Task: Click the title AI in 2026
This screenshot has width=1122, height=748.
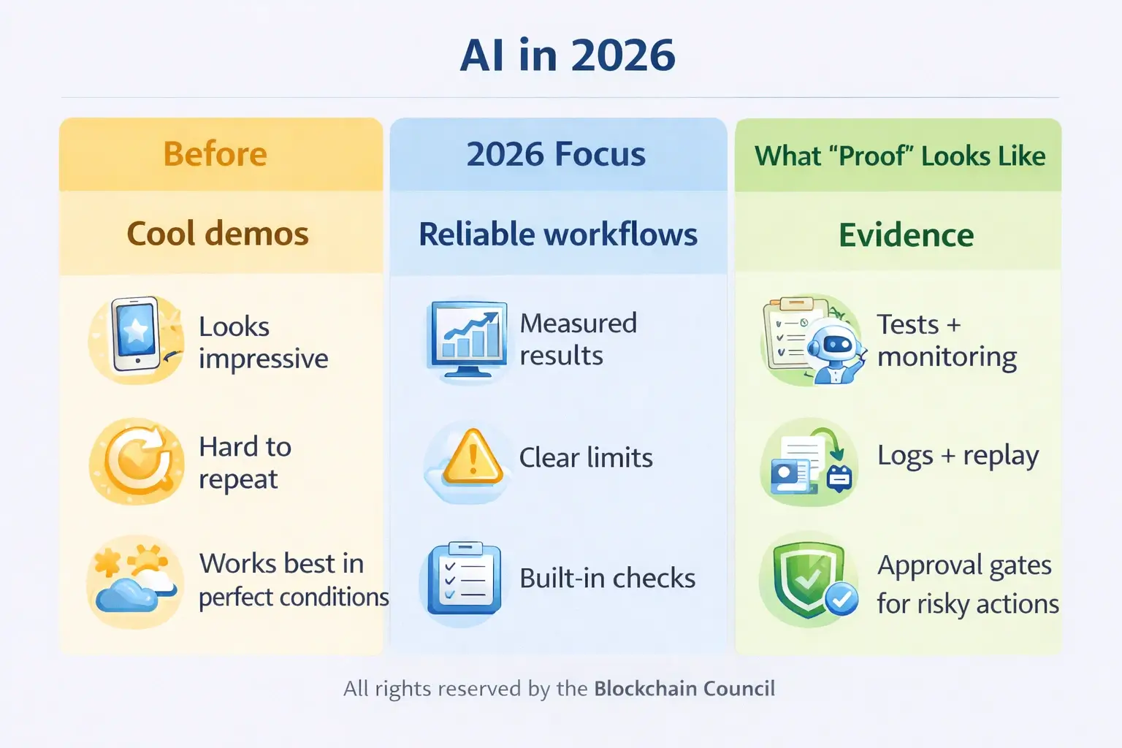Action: pyautogui.click(x=568, y=56)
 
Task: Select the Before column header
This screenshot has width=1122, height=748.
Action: pyautogui.click(x=215, y=154)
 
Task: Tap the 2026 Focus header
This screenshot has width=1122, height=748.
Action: pyautogui.click(x=556, y=154)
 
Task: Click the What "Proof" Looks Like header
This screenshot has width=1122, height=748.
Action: pyautogui.click(x=900, y=156)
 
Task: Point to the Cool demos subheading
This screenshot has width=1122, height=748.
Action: pyautogui.click(x=218, y=234)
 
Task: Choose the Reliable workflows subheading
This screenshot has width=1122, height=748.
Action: pyautogui.click(x=558, y=234)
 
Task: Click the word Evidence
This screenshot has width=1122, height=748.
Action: pyautogui.click(x=906, y=235)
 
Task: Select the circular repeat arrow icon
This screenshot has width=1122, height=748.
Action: pyautogui.click(x=137, y=461)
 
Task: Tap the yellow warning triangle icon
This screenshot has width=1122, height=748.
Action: pyautogui.click(x=473, y=459)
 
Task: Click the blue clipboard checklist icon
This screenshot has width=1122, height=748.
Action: pyautogui.click(x=465, y=578)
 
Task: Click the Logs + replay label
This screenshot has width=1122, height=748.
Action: pyautogui.click(x=958, y=455)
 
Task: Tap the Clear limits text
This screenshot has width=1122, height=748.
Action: pyautogui.click(x=586, y=458)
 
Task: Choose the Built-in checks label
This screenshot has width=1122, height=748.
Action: pyautogui.click(x=607, y=579)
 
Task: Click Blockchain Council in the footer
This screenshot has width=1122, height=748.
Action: pyautogui.click(x=684, y=689)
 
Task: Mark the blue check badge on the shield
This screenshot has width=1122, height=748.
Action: pyautogui.click(x=841, y=600)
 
